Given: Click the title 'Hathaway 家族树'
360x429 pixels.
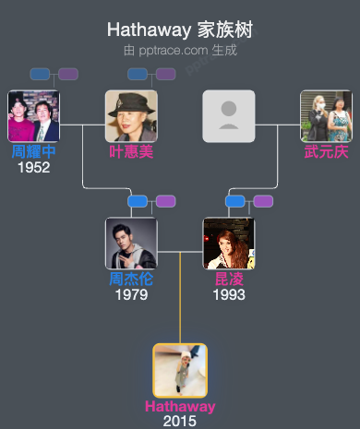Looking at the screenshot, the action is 180,30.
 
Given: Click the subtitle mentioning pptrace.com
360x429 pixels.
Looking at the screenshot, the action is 180,50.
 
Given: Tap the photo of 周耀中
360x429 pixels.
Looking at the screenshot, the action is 33,116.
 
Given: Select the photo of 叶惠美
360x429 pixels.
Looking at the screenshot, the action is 131,116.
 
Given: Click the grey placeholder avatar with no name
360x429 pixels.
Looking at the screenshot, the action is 228,116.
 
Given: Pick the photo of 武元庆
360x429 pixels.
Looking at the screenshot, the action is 326,116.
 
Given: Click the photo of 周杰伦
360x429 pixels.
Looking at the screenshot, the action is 131,244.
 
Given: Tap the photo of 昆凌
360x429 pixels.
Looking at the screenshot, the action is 228,244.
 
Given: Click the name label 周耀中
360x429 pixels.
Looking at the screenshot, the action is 33,152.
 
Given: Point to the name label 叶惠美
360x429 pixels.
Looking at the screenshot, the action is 131,152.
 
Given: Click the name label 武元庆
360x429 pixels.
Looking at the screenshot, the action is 326,152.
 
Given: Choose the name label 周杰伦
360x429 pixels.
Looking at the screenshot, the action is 131,280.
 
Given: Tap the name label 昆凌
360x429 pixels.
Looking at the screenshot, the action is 228,280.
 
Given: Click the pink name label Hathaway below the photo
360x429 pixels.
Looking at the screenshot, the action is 180,407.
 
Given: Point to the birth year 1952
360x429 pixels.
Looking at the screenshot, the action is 33,168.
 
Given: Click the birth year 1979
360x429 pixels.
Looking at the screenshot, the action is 131,295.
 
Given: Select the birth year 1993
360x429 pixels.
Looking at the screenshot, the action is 228,295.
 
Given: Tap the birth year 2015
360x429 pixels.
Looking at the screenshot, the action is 180,421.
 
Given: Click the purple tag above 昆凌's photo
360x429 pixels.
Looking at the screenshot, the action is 263,201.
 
